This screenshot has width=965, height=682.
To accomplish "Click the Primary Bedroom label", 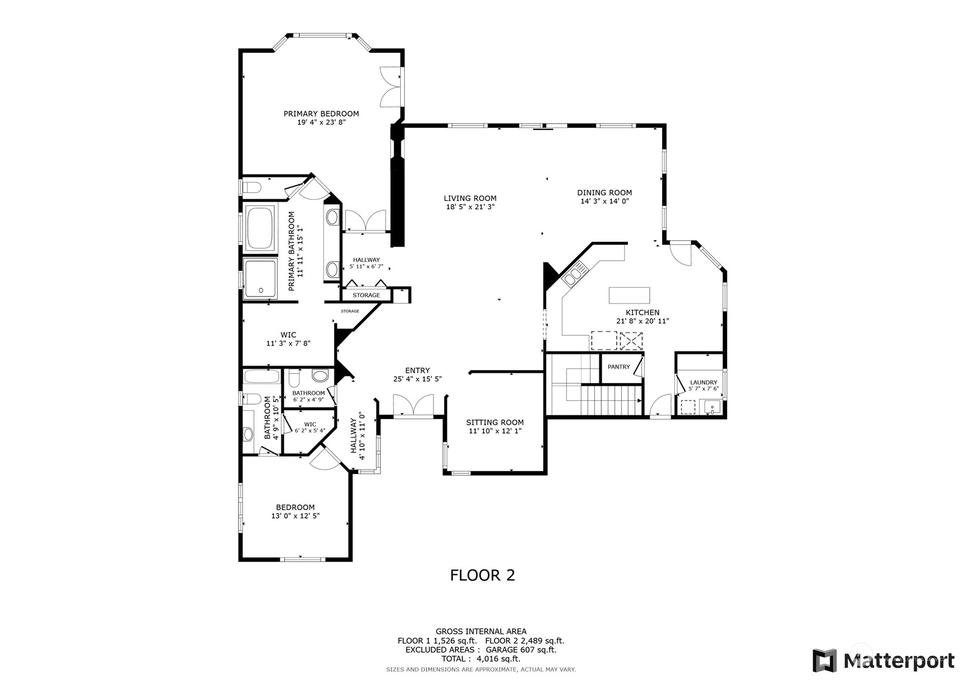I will click(x=321, y=114).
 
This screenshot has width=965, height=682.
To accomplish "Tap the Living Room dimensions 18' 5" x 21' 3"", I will click(x=470, y=207).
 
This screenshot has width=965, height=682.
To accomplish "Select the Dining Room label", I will click(x=604, y=192).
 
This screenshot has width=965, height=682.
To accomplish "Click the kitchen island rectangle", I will click(x=629, y=294).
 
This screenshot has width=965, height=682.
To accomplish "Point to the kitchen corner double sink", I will click(x=576, y=273).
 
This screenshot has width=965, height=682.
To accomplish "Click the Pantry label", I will click(x=619, y=367).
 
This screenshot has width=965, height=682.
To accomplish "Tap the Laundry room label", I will click(x=703, y=382).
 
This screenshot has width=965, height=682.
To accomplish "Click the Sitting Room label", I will click(x=495, y=422).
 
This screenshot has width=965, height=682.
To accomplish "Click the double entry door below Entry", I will click(x=412, y=405).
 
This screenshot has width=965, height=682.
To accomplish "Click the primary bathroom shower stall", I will click(x=260, y=279).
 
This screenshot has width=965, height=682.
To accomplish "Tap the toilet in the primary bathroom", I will click(x=251, y=187).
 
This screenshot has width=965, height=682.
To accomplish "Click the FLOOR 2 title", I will click(x=482, y=575).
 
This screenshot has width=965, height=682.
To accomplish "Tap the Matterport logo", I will click(x=883, y=660).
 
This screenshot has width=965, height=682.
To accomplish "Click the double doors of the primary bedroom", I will click(x=391, y=87).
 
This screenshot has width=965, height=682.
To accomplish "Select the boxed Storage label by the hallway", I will click(x=366, y=295).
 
